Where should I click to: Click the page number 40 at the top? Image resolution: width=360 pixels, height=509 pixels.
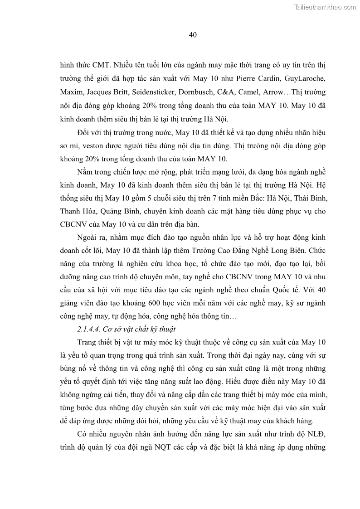click(x=192, y=35)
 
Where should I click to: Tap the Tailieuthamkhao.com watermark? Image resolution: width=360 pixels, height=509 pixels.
click(x=325, y=7)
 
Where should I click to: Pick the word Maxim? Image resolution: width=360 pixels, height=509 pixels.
click(x=70, y=92)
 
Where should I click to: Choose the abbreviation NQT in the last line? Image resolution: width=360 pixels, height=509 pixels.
click(x=170, y=448)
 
